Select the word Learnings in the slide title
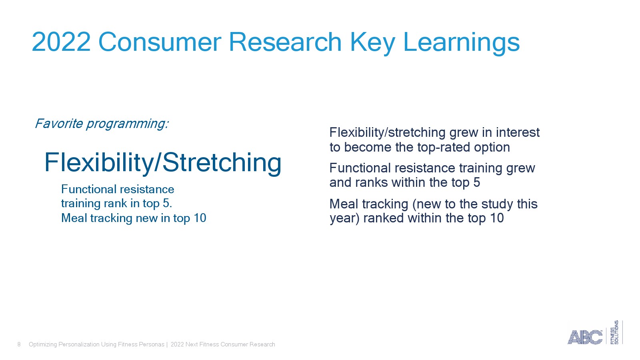pyautogui.click(x=461, y=43)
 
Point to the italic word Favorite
pyautogui.click(x=59, y=124)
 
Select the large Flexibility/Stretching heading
pyautogui.click(x=163, y=163)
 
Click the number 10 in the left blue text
pyautogui.click(x=200, y=218)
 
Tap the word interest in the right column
pyautogui.click(x=518, y=132)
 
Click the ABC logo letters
pyautogui.click(x=584, y=337)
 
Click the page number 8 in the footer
pyautogui.click(x=19, y=344)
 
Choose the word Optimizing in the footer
pyautogui.click(x=42, y=344)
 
